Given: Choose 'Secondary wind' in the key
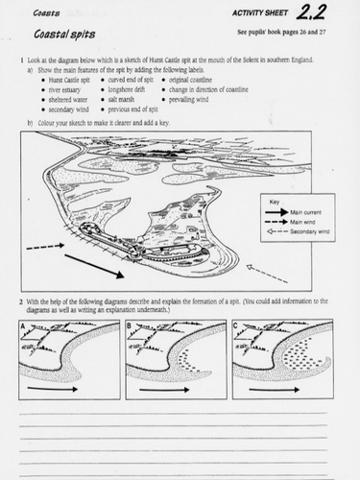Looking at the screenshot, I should coord(310,229).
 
